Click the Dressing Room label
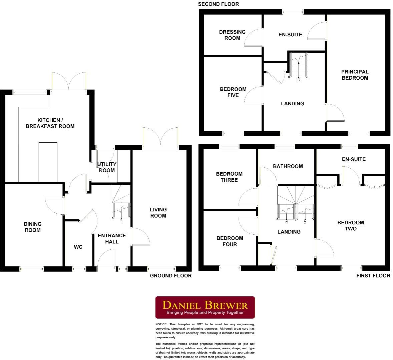[232, 35]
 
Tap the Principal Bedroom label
[355, 75]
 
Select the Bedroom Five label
[233, 92]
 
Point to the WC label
[78, 247]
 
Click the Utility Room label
[107, 167]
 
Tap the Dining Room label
[33, 227]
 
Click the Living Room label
[158, 213]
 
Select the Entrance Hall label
[112, 238]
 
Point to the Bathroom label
[288, 166]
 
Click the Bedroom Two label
[351, 226]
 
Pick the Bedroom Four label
[230, 241]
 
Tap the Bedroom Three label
[229, 177]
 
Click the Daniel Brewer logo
[205, 307]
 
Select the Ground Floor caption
[171, 276]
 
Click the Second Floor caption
[219, 4]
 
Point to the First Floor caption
[373, 276]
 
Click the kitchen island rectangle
[48, 162]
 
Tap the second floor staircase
[299, 66]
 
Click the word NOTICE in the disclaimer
[162, 324]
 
